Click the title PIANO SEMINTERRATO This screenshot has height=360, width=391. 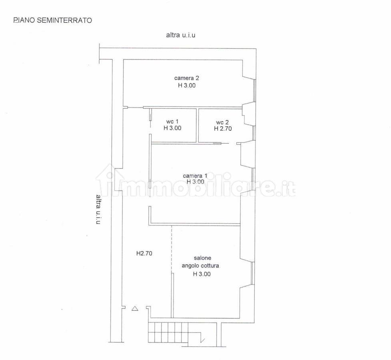(x=53, y=20)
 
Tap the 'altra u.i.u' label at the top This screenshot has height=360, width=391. (x=181, y=35)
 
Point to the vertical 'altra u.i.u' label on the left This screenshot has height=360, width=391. (x=98, y=209)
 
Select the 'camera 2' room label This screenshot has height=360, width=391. (x=187, y=78)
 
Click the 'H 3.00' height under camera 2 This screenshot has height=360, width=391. (x=187, y=85)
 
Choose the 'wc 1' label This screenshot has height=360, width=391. (x=172, y=122)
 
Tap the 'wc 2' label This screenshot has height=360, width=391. (x=222, y=122)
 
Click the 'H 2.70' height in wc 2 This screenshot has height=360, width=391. (x=223, y=128)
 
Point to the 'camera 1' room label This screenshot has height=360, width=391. (x=195, y=176)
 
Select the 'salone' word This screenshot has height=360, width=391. (x=202, y=258)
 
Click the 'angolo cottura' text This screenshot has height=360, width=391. (x=200, y=266)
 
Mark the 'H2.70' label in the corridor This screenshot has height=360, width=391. (x=144, y=253)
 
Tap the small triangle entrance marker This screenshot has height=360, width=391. (x=135, y=309)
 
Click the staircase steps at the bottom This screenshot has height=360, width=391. (x=168, y=332)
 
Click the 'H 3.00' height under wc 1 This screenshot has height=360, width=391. (x=172, y=128)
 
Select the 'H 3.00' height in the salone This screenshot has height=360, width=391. (x=202, y=274)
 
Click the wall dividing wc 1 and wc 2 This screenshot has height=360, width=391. (x=197, y=126)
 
